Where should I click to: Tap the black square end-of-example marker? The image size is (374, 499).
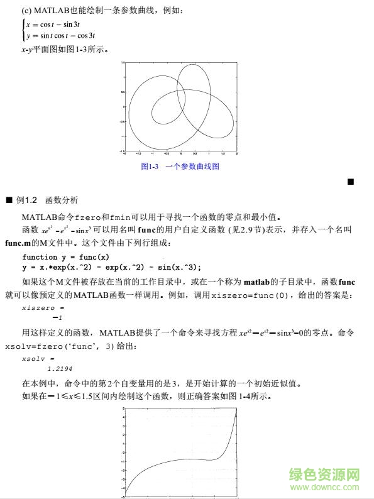pos(351,182)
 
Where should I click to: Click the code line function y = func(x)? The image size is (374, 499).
pos(65,256)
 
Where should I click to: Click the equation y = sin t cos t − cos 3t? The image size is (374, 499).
pos(60,35)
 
